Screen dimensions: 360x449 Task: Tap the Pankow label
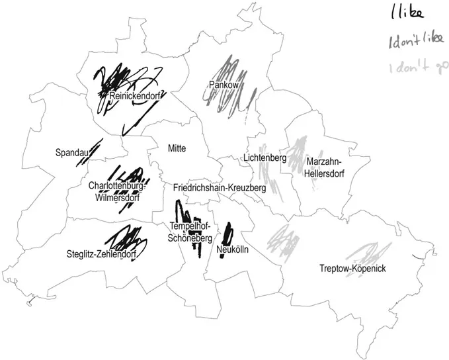point(223,85)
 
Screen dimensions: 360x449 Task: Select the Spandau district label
point(72,153)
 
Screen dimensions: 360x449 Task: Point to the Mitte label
point(177,148)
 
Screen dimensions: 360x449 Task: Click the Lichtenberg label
point(264,159)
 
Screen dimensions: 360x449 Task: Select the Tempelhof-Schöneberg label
point(190,232)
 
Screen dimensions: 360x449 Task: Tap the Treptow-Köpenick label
point(352,269)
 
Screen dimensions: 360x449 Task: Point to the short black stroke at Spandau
point(95,149)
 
